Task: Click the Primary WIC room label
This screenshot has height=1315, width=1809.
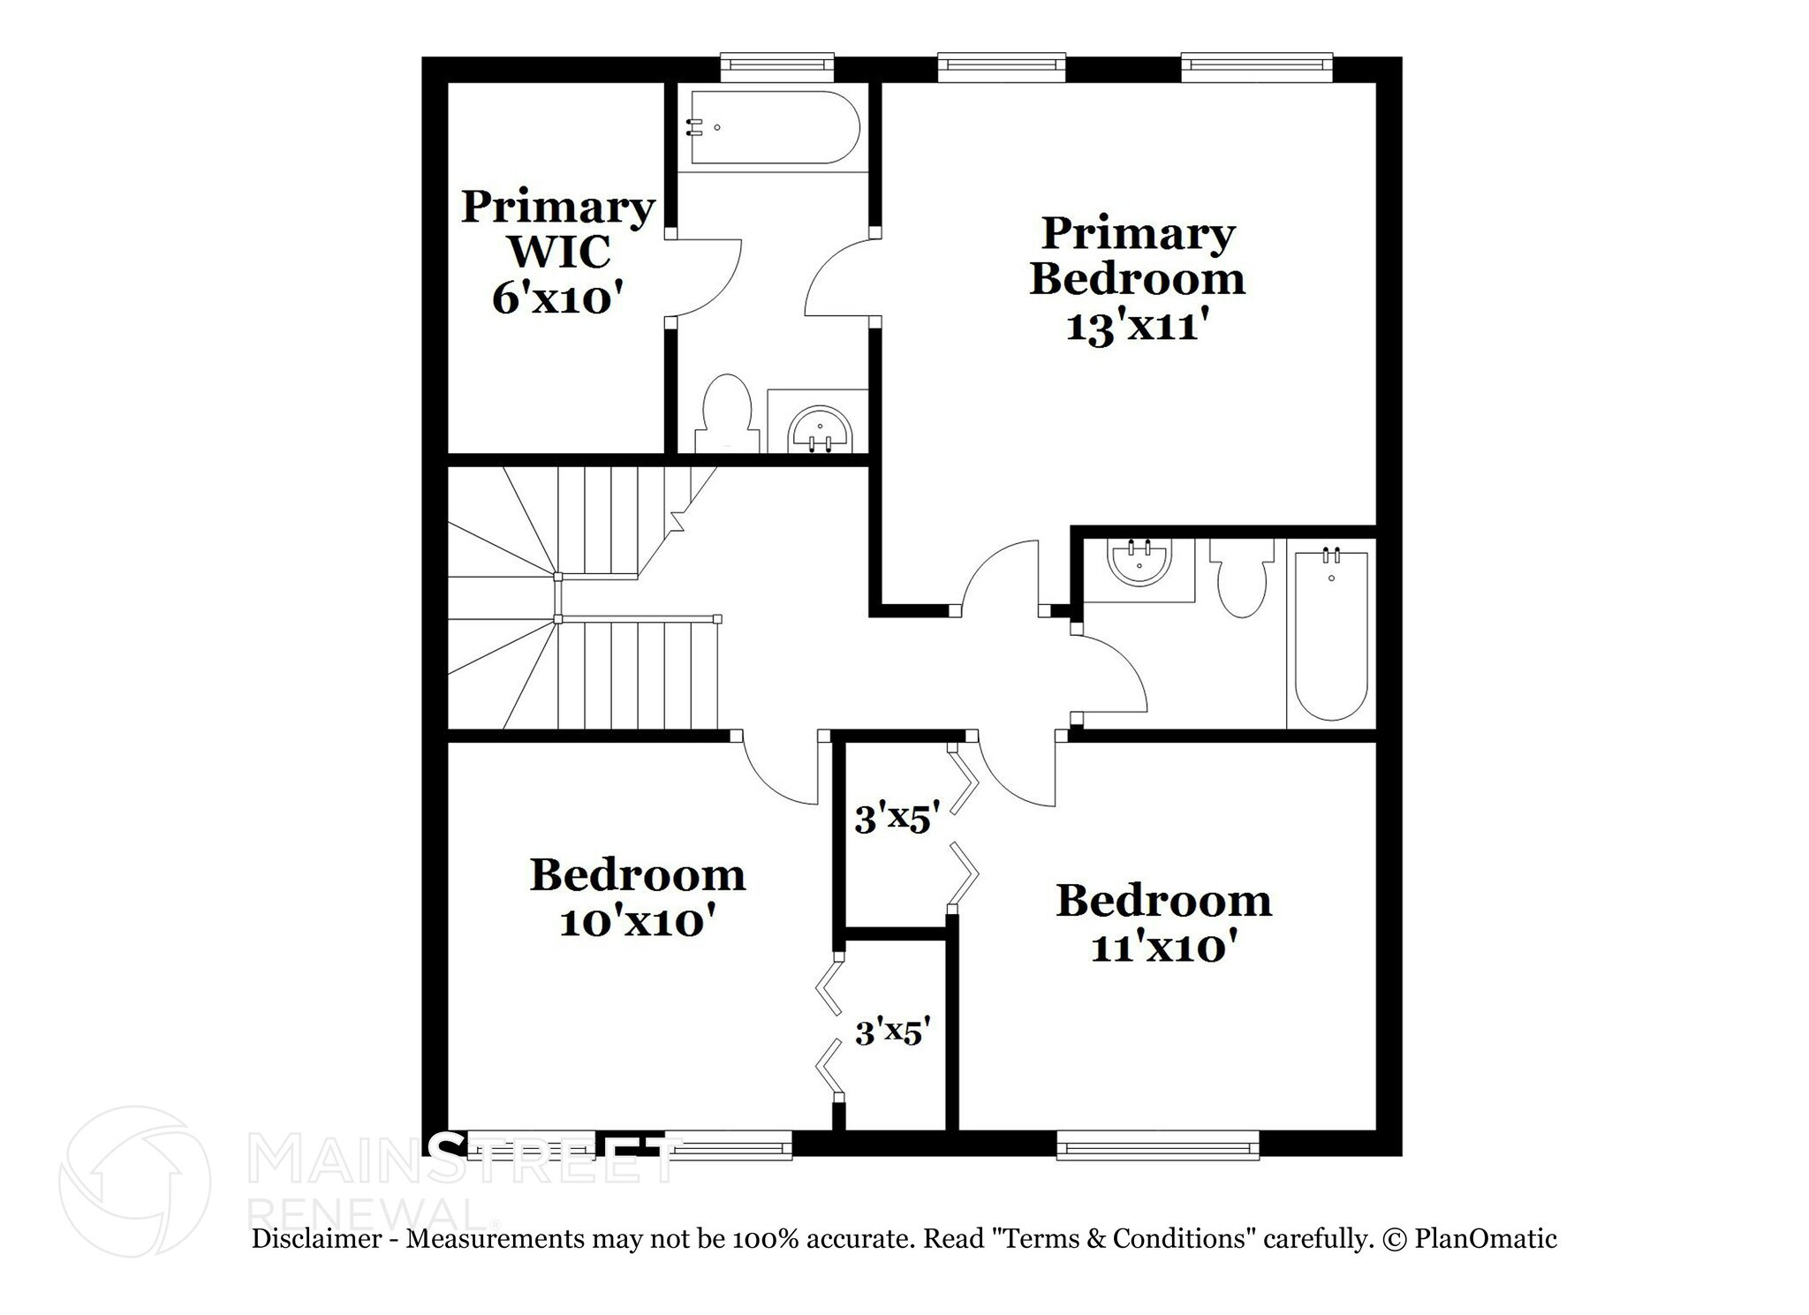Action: tap(557, 229)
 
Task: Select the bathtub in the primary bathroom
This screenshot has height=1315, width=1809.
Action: tap(775, 127)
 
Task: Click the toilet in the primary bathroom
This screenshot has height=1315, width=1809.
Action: tap(727, 414)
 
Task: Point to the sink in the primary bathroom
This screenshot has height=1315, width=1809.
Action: tap(821, 430)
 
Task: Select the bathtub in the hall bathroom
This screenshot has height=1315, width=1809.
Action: tap(1331, 635)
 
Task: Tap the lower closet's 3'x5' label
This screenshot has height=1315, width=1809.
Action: tap(893, 1031)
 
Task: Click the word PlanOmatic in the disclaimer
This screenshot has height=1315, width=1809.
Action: tap(1486, 1239)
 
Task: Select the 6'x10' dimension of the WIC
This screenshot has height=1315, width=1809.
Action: tap(553, 299)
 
